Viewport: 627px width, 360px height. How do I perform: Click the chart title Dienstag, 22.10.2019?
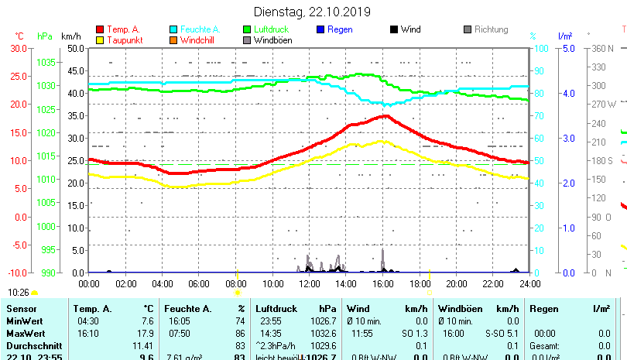coord(313,12)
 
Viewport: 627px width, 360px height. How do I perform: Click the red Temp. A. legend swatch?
coord(99,29)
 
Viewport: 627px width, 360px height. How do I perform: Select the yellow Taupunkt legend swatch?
coord(99,40)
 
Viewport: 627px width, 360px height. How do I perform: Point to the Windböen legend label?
coord(272,40)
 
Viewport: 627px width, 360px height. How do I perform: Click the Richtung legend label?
coord(491,29)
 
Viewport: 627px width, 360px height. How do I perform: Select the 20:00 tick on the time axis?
coord(456,283)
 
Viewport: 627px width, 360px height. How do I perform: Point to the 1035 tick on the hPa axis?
coord(46,62)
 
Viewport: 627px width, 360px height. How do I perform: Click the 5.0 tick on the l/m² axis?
coord(567,48)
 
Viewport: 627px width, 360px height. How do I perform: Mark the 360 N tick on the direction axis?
coord(603,48)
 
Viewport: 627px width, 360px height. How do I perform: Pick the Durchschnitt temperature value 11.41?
coord(142,345)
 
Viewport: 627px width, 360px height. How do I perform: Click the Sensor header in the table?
coord(22,309)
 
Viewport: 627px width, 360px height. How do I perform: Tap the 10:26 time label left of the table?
coord(19,293)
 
